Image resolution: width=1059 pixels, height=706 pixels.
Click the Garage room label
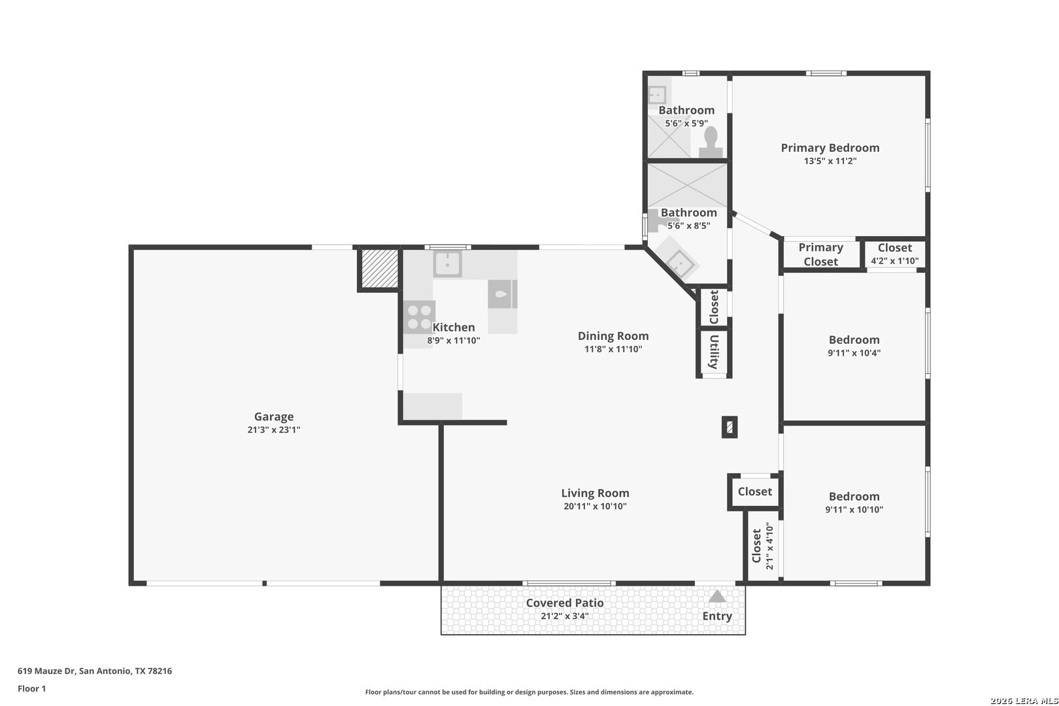point(274,416)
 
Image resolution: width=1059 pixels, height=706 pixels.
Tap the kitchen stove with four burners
point(419,317)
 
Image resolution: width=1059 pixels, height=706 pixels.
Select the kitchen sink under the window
point(447,264)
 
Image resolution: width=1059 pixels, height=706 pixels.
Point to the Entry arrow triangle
point(716,596)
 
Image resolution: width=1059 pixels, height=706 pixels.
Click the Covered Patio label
point(565,603)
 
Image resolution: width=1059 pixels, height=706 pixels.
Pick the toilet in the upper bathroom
point(711,142)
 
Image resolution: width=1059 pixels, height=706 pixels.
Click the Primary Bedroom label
point(830,148)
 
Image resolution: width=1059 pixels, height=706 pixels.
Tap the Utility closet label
point(714,351)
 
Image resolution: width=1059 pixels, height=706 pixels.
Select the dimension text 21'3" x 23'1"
point(274,430)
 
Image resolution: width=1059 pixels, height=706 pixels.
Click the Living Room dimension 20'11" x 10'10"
point(596,507)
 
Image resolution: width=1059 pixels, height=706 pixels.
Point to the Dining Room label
point(613,336)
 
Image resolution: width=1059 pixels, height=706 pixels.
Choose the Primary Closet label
point(821,254)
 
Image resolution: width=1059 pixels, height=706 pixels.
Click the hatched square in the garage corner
point(380,268)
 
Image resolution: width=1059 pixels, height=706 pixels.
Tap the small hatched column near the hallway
point(730,428)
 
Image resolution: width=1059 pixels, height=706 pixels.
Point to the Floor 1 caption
point(31,688)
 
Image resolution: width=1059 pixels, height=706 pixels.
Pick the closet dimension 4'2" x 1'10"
point(895,261)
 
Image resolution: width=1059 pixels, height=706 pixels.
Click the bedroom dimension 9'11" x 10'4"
point(854,353)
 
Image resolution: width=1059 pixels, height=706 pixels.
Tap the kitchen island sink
point(502,294)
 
